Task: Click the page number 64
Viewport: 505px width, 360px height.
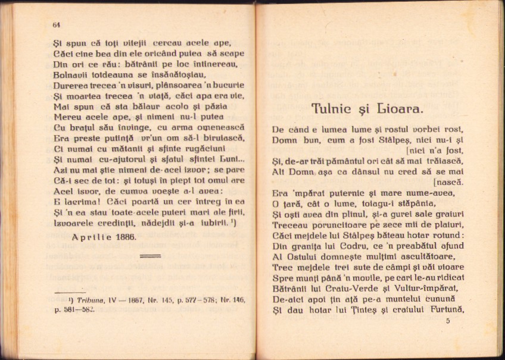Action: click(x=57, y=24)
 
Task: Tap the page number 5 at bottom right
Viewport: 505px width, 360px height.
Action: click(x=448, y=321)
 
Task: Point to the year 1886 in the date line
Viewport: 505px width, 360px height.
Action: click(x=124, y=236)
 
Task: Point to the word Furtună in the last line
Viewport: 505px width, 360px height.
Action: click(x=442, y=310)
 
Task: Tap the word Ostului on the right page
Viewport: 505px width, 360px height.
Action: click(x=303, y=257)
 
